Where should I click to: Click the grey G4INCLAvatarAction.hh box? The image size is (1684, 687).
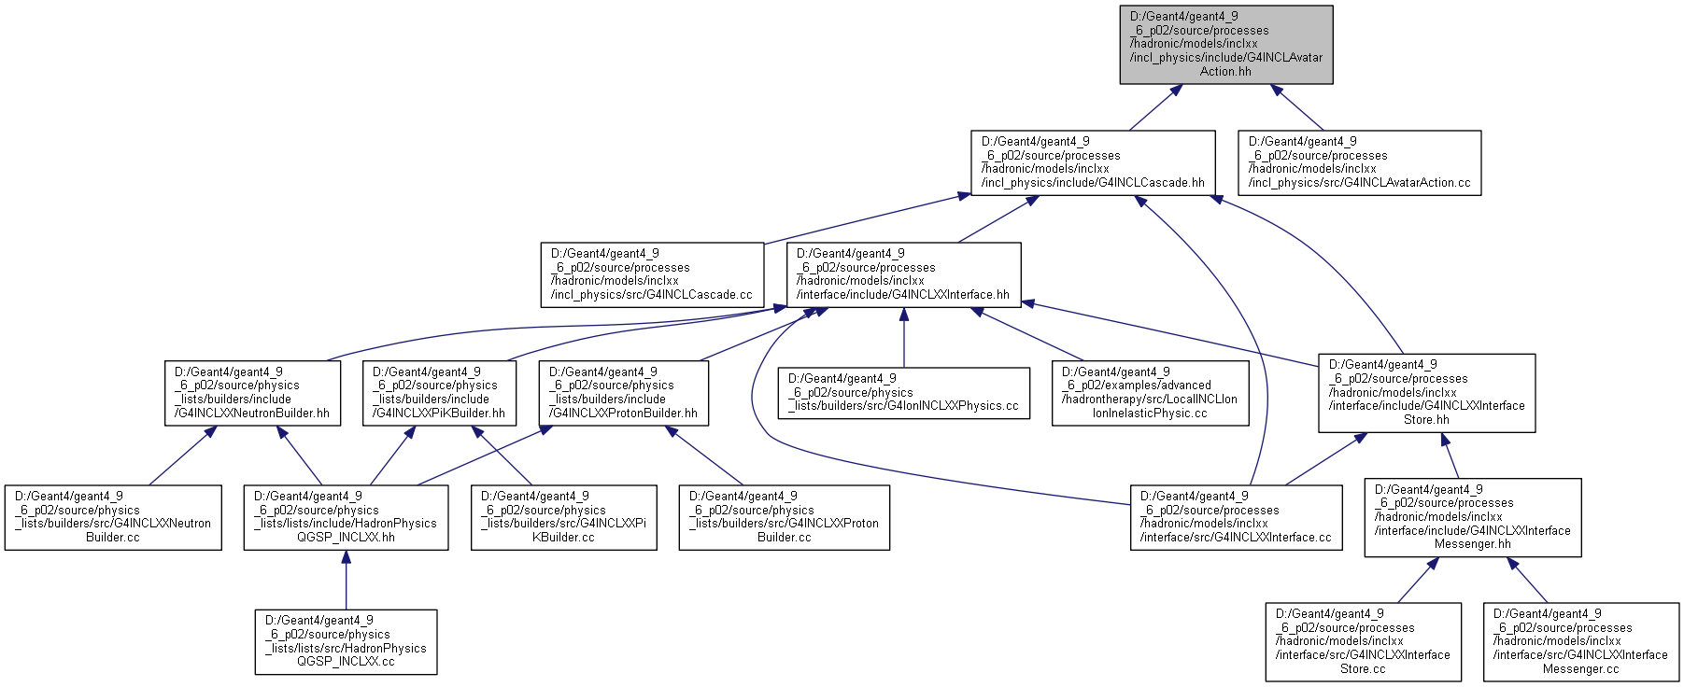1226,45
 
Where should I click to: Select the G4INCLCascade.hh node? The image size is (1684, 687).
1093,162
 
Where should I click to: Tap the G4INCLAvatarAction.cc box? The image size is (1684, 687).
1360,162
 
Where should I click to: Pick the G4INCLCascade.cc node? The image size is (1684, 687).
652,274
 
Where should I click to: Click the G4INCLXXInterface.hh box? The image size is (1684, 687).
903,274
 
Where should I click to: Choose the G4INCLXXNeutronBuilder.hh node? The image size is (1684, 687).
252,393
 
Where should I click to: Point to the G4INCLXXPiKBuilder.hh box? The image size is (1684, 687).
439,393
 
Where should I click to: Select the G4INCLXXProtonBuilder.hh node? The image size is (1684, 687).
624,393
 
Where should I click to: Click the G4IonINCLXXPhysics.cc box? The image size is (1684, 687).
903,393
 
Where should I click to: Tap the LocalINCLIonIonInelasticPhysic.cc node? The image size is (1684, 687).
1151,393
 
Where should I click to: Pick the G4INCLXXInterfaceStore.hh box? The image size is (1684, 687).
1427,393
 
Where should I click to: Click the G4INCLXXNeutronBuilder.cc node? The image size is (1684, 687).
113,517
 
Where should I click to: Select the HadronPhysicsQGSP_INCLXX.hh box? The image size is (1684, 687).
346,517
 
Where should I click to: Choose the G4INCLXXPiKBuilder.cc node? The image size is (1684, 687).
563,517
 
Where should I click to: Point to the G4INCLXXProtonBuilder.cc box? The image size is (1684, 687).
785,517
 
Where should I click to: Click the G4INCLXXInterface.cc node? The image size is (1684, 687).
1237,517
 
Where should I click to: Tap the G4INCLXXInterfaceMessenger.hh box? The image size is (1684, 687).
1473,518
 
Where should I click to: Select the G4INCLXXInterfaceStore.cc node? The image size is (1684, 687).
1364,641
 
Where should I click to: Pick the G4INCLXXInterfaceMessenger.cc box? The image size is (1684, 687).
1581,641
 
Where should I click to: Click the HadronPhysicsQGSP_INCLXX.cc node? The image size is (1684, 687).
346,642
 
